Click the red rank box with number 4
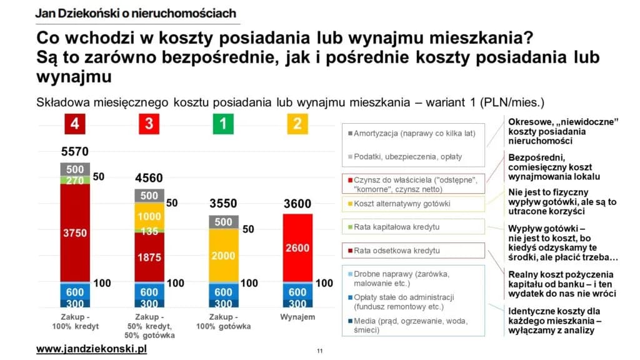tap(75, 124)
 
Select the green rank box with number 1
tap(223, 124)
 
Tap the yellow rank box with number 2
tap(297, 124)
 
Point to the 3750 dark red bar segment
tap(75, 232)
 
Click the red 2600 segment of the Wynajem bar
tap(297, 248)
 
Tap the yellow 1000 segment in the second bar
tap(149, 216)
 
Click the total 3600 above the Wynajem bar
tap(297, 204)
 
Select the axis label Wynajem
tap(297, 317)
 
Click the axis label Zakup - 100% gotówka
tap(223, 322)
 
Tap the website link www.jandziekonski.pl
tap(91, 348)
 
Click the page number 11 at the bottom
tap(319, 351)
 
